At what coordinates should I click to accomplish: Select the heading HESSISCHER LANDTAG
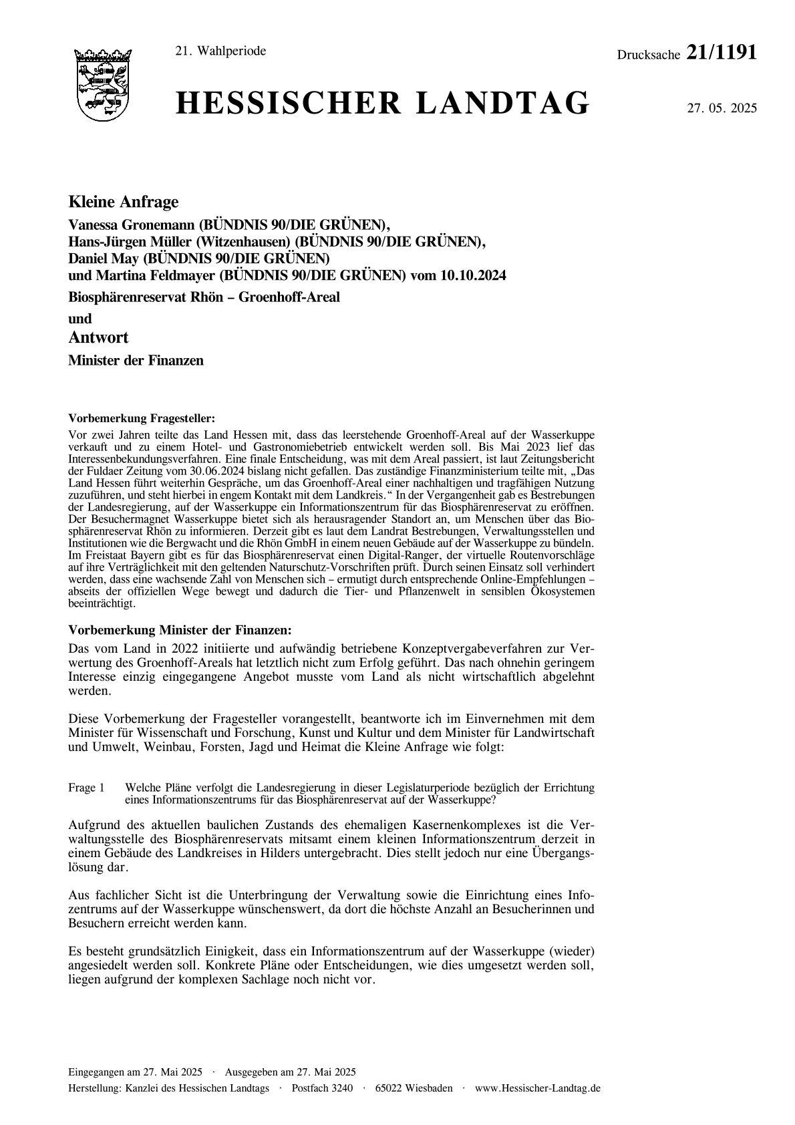(x=382, y=105)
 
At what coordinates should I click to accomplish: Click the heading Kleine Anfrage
(x=124, y=202)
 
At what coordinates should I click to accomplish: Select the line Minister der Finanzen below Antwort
(x=136, y=361)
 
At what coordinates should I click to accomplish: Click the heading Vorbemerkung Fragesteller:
(x=142, y=419)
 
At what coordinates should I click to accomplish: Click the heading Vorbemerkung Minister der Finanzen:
(x=180, y=630)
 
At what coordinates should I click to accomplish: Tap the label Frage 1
(x=86, y=788)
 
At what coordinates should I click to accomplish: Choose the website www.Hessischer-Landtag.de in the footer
(x=537, y=1088)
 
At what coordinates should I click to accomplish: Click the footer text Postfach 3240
(x=322, y=1088)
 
